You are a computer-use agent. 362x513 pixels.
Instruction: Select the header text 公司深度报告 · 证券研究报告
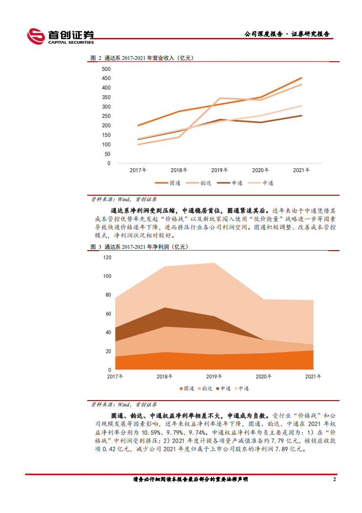tap(287, 34)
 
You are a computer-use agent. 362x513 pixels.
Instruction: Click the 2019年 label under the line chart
tap(220, 170)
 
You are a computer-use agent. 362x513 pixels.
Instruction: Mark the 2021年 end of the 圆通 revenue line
tap(301, 78)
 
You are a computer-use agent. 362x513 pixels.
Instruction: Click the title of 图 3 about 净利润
tap(139, 247)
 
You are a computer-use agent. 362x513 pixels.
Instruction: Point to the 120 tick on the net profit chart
tap(107, 257)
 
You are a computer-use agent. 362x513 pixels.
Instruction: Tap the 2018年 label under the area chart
tap(164, 376)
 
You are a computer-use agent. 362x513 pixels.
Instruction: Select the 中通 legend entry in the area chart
tap(241, 388)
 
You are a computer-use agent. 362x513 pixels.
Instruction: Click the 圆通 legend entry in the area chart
tap(186, 388)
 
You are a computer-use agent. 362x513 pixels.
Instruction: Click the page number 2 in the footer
tap(335, 479)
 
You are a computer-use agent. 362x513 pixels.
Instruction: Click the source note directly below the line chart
tap(123, 199)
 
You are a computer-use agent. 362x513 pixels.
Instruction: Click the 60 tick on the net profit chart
tap(109, 314)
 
